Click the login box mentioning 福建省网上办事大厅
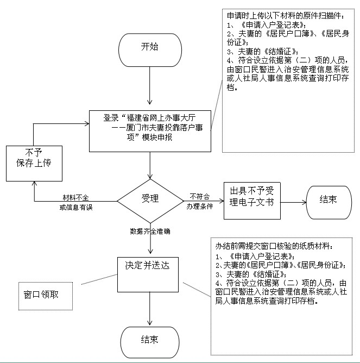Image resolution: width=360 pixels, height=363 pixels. point(150,130)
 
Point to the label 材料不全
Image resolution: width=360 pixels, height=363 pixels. point(75,196)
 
